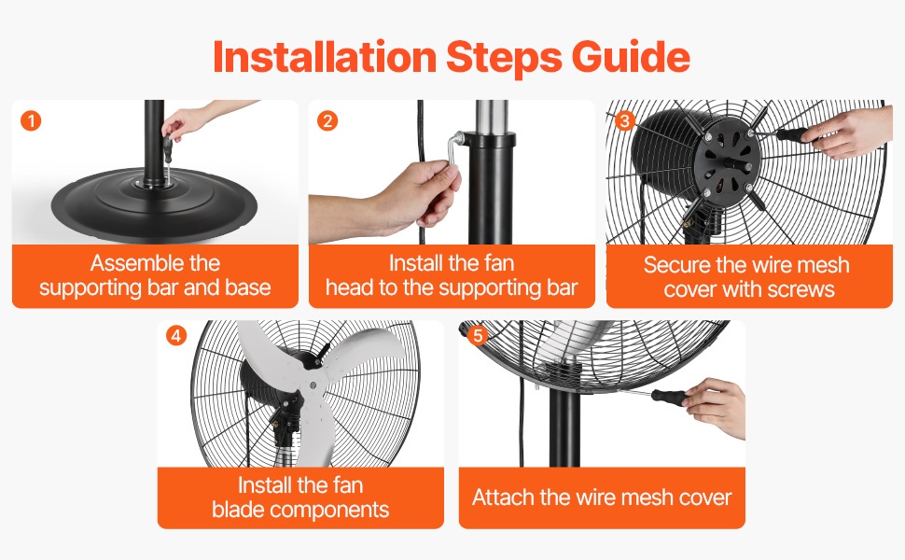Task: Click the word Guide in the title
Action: pyautogui.click(x=631, y=58)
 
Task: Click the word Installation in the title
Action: pyautogui.click(x=325, y=57)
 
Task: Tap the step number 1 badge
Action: pyautogui.click(x=31, y=120)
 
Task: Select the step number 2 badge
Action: pyautogui.click(x=327, y=120)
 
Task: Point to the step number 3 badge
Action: pyautogui.click(x=624, y=120)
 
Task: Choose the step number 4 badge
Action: pyautogui.click(x=176, y=335)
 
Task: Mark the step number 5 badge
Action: pyautogui.click(x=478, y=335)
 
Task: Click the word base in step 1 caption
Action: pyautogui.click(x=248, y=287)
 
